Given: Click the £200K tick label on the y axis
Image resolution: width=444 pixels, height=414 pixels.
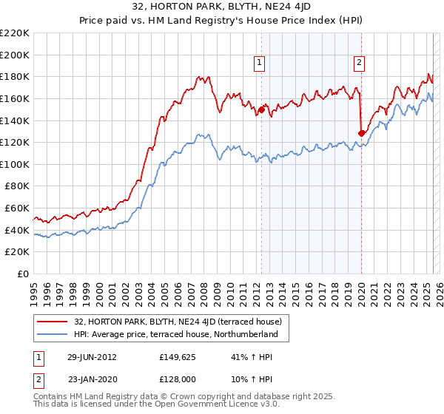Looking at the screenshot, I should (x=15, y=55).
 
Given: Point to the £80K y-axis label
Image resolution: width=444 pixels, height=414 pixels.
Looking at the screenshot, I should (x=17, y=186).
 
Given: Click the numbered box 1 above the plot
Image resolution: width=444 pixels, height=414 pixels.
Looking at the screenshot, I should (x=260, y=64).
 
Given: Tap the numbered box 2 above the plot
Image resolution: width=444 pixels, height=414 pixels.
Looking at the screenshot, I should (x=359, y=64).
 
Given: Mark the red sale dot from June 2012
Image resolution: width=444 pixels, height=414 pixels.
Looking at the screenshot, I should (x=261, y=110).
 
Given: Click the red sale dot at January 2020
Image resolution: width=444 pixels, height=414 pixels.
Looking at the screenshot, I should (x=362, y=133).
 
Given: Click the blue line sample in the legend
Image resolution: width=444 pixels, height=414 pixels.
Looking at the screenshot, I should (x=53, y=334).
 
